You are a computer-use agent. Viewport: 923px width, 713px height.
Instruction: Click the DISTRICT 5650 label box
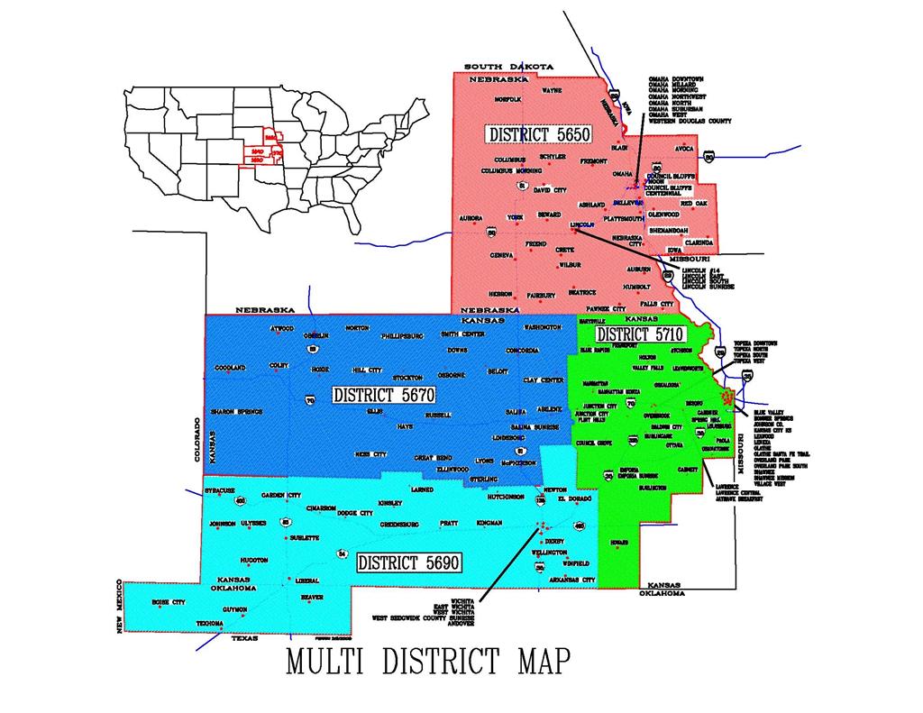click(x=539, y=134)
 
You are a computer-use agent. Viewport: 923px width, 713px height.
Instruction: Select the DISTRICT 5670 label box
click(x=384, y=395)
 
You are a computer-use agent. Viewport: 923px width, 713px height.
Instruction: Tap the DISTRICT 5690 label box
click(x=409, y=562)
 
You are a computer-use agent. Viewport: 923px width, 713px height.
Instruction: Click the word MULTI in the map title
click(x=324, y=660)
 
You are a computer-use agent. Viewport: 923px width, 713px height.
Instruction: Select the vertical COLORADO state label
click(x=197, y=440)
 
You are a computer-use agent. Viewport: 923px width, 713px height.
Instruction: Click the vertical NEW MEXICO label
click(x=120, y=607)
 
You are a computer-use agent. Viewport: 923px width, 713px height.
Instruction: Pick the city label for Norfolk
click(x=507, y=98)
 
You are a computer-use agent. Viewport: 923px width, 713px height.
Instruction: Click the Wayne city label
click(x=552, y=90)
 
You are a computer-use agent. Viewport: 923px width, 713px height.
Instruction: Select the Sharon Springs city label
click(x=236, y=411)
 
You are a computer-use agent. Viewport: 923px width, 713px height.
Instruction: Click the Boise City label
click(x=168, y=601)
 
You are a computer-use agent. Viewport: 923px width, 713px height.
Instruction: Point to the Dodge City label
click(x=354, y=513)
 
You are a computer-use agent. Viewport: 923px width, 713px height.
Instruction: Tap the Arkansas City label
click(x=572, y=580)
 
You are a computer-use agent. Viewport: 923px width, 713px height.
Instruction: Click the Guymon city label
click(x=234, y=609)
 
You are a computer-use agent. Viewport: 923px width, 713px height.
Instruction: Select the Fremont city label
click(x=593, y=160)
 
